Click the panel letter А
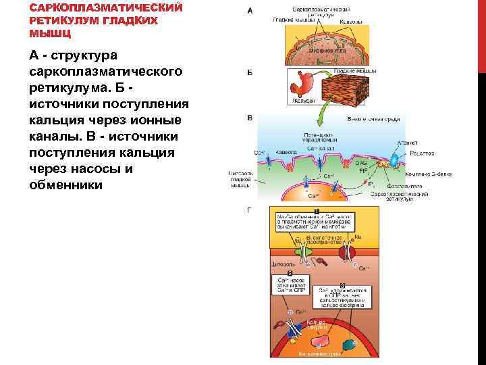point(250,11)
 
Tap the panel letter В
point(250,118)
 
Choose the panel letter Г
point(250,210)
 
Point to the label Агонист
point(408,143)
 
